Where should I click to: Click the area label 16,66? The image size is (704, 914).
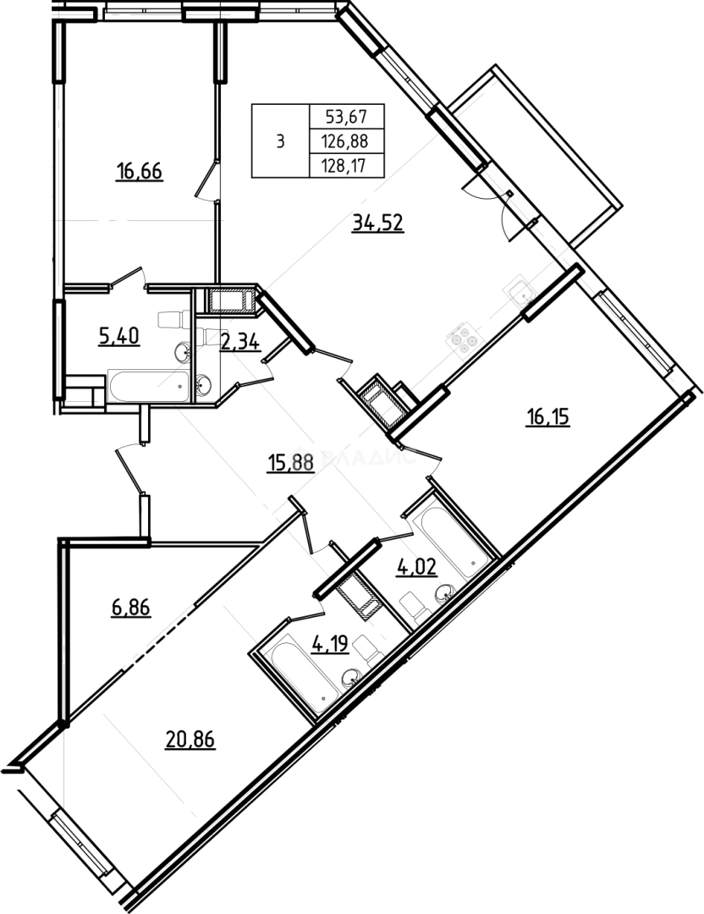click(x=139, y=173)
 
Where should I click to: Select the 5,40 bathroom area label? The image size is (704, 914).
click(x=118, y=337)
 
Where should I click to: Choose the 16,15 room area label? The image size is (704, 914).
click(x=547, y=418)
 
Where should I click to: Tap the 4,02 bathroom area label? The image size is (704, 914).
click(x=416, y=566)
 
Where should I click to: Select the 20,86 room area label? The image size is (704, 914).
click(x=190, y=741)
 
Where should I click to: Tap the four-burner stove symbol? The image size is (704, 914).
click(x=462, y=340)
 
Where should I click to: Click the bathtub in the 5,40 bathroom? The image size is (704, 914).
click(x=147, y=387)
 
